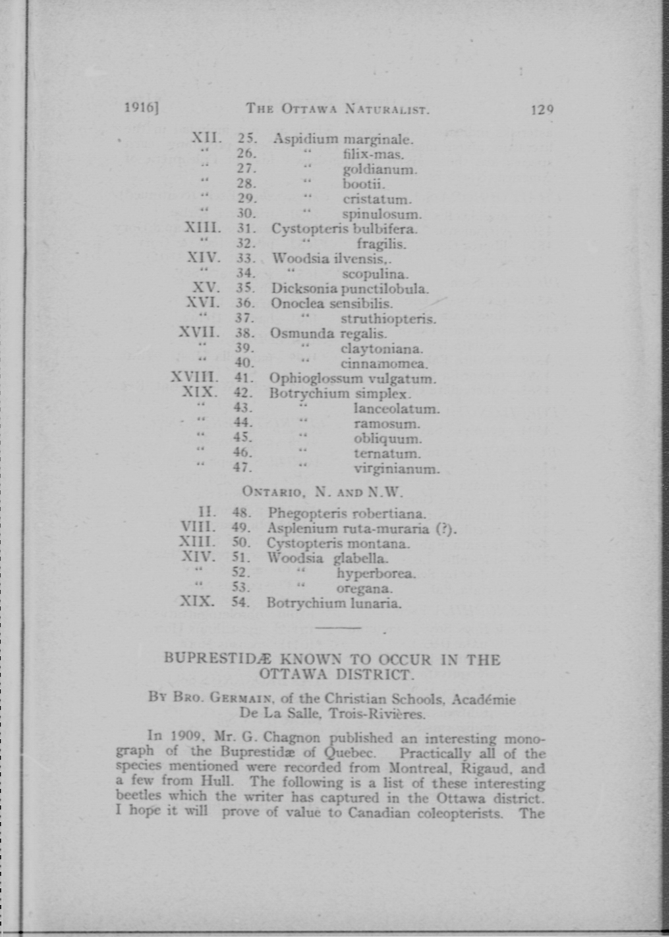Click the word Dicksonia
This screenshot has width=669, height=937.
point(304,289)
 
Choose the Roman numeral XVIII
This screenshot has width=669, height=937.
point(194,377)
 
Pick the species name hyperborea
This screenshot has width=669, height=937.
point(376,573)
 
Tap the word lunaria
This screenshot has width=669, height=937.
point(375,604)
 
